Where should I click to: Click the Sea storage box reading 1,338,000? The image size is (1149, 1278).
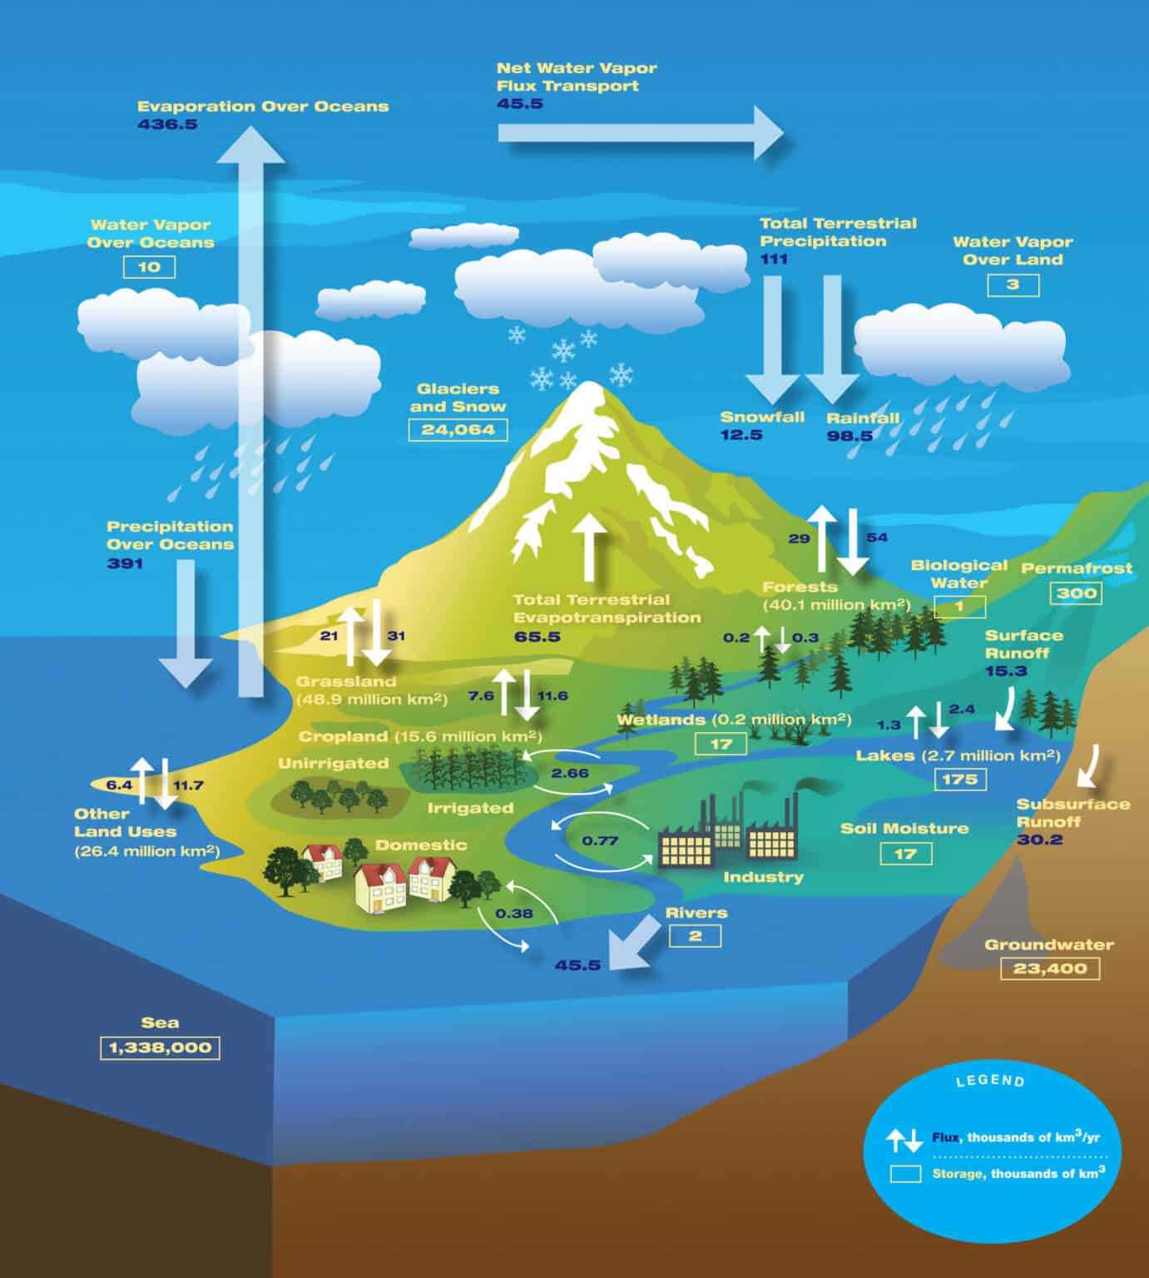160,1048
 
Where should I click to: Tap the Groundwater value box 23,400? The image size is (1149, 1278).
1050,968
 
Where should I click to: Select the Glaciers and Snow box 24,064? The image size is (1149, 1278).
458,429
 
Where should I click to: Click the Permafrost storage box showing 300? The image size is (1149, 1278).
1077,593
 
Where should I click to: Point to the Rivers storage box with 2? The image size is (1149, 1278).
695,936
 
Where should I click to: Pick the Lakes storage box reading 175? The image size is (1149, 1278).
961,780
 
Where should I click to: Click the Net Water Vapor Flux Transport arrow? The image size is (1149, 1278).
641,132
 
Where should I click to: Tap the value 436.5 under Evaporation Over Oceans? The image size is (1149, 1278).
167,125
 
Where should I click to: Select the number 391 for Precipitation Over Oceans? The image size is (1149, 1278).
125,563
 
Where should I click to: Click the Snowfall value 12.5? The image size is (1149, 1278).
741,434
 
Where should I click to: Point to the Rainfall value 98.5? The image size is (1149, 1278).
849,435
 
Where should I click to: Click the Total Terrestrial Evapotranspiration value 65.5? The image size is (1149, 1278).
537,637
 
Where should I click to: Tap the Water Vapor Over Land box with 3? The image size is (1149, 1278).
1013,285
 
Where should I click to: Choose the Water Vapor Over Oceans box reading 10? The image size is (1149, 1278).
150,267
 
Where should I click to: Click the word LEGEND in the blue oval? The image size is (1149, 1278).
990,1081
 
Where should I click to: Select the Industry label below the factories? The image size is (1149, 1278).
763,877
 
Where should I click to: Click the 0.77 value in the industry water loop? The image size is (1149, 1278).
600,840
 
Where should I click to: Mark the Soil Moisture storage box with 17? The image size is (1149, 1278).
905,854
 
